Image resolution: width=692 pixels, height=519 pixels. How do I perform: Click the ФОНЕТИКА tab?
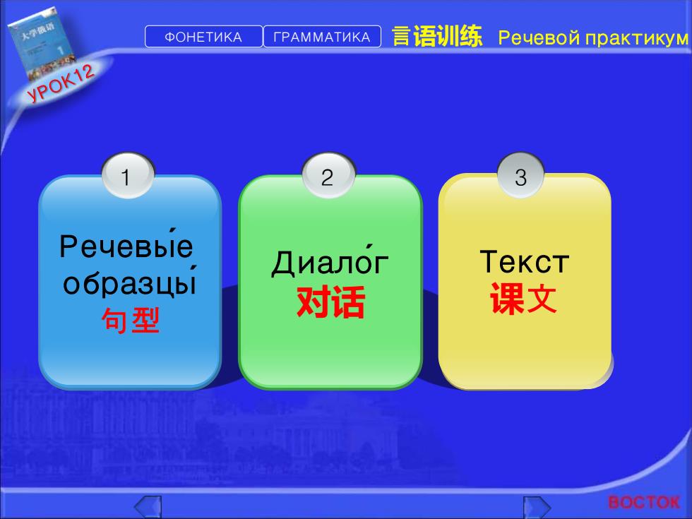(x=203, y=37)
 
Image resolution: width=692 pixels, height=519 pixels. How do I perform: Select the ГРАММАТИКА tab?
(x=322, y=37)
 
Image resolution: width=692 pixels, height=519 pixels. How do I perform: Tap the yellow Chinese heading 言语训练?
(x=437, y=36)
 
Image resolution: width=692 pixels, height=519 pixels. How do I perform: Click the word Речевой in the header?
(x=538, y=38)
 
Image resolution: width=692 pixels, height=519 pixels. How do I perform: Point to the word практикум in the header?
(x=637, y=39)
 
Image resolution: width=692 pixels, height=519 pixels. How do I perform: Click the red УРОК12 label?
(x=61, y=83)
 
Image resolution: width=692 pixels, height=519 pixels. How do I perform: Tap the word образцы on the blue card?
(x=129, y=281)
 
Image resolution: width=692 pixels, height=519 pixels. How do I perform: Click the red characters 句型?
(x=130, y=320)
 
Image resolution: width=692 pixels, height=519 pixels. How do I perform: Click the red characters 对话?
(x=330, y=302)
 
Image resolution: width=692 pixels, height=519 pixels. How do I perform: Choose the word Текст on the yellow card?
(x=524, y=262)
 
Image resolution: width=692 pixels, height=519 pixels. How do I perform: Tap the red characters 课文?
(x=523, y=298)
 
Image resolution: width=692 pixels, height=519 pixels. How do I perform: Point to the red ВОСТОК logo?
(x=644, y=502)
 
